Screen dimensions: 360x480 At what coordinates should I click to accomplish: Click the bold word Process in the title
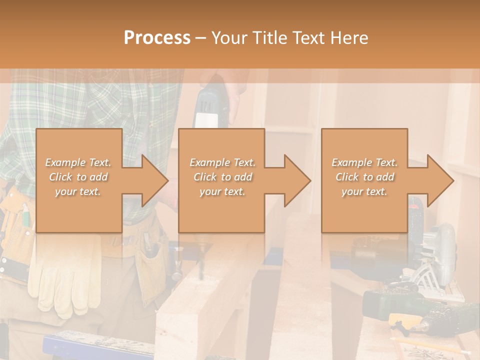(x=157, y=38)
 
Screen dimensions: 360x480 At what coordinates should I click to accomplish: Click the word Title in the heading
(x=269, y=38)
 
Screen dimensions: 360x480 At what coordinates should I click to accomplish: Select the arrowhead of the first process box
(x=152, y=180)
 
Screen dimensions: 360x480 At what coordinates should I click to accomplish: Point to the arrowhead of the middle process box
(x=295, y=180)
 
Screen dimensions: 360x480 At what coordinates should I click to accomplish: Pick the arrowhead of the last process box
(x=438, y=180)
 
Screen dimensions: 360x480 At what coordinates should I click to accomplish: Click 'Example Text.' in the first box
(x=78, y=162)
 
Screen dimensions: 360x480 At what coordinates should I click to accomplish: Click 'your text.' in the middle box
(x=222, y=191)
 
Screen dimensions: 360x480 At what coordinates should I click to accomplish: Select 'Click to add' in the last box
(x=364, y=177)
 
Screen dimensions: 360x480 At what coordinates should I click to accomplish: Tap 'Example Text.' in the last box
(x=364, y=162)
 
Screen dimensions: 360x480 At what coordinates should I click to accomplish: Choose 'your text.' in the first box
(x=78, y=191)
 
